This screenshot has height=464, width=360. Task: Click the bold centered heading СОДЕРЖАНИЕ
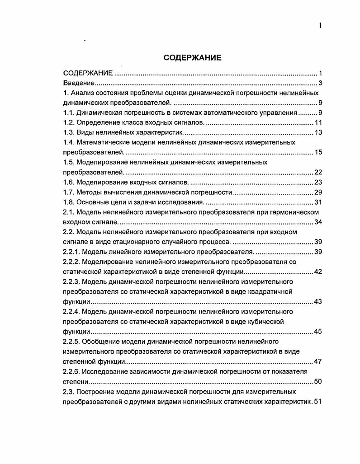[192, 57]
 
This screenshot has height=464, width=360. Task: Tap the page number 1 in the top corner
[320, 26]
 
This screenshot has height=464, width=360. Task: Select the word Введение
[79, 83]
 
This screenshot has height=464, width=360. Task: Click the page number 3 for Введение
[320, 83]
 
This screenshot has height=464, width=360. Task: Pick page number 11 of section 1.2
[318, 122]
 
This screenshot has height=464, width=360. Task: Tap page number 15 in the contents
[318, 152]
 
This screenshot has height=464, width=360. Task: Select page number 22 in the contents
[318, 172]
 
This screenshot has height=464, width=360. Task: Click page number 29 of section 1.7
[318, 192]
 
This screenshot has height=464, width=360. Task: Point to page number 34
[318, 222]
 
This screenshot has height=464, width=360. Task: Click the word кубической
[265, 321]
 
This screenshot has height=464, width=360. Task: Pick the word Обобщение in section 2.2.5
[99, 341]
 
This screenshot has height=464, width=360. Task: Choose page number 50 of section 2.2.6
[318, 381]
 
